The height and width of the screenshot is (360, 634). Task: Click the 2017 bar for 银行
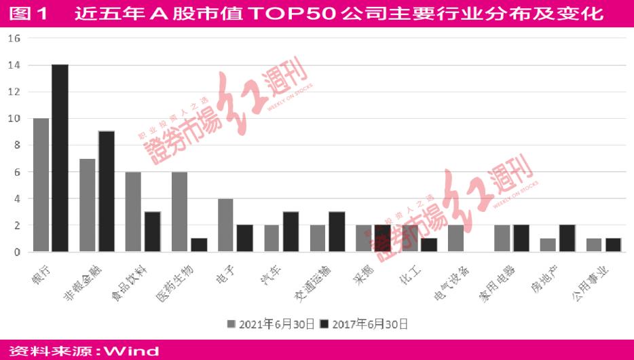[60, 158]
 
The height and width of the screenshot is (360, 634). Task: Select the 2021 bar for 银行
[41, 185]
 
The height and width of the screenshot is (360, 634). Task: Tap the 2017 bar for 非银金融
[106, 192]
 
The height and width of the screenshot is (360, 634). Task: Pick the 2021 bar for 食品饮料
[133, 212]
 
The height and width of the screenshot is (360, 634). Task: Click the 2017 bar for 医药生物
[198, 245]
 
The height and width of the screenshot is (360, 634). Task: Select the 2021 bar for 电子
[225, 225]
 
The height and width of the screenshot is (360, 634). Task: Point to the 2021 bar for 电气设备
[455, 238]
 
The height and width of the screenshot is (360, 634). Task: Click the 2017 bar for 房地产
[567, 238]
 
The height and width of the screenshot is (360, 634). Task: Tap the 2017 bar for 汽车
[291, 232]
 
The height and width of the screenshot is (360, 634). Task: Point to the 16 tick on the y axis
[14, 39]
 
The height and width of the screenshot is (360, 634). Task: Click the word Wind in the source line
[132, 351]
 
